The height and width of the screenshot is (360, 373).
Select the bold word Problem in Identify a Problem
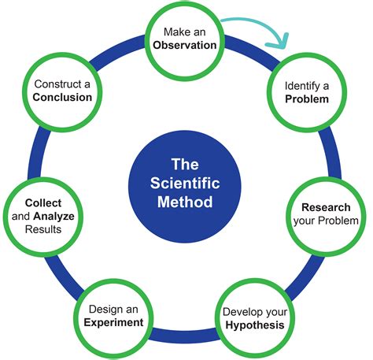(x=307, y=100)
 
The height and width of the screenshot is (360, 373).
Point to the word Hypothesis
(x=249, y=324)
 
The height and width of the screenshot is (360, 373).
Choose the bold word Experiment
(x=116, y=323)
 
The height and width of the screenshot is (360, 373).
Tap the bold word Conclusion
(x=62, y=98)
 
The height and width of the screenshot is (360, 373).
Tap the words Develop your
(x=249, y=310)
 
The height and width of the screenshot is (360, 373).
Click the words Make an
(x=186, y=32)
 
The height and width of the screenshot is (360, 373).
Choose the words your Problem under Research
(x=326, y=221)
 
